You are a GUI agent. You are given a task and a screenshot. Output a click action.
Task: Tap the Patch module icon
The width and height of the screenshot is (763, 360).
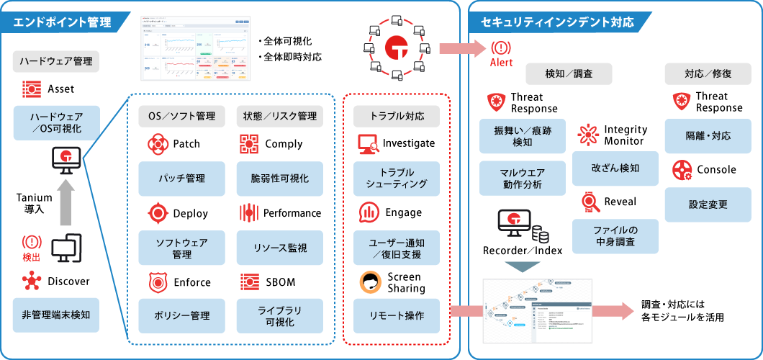point(157,144)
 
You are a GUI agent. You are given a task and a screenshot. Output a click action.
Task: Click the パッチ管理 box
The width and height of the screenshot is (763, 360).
point(182,178)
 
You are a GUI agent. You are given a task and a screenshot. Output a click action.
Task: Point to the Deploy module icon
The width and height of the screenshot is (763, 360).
point(157,213)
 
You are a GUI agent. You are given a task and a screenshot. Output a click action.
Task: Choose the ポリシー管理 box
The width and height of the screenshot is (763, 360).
point(182,315)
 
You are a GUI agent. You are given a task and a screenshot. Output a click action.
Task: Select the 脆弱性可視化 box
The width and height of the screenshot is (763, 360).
point(279,178)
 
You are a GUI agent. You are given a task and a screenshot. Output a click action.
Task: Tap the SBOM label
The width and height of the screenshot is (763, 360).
point(280,282)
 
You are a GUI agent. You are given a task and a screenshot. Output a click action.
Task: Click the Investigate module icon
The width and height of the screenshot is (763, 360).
point(368,143)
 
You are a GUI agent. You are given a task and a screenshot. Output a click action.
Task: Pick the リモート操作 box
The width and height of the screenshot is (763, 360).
point(397,315)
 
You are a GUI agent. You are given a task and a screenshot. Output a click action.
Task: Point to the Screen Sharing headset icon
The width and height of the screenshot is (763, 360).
point(369,282)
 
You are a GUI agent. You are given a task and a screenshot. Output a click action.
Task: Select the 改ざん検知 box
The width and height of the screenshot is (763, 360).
point(615,168)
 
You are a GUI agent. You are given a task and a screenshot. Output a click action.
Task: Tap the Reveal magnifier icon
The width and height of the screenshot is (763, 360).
point(589,202)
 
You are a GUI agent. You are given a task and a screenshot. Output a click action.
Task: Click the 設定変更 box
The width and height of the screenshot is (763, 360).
point(708,204)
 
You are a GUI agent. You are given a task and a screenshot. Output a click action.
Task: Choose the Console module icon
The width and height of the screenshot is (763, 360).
point(682,170)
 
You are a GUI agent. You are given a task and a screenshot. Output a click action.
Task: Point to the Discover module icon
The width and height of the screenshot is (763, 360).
point(31,281)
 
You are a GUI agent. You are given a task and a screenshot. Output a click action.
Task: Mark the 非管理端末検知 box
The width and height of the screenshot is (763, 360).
point(56,315)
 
